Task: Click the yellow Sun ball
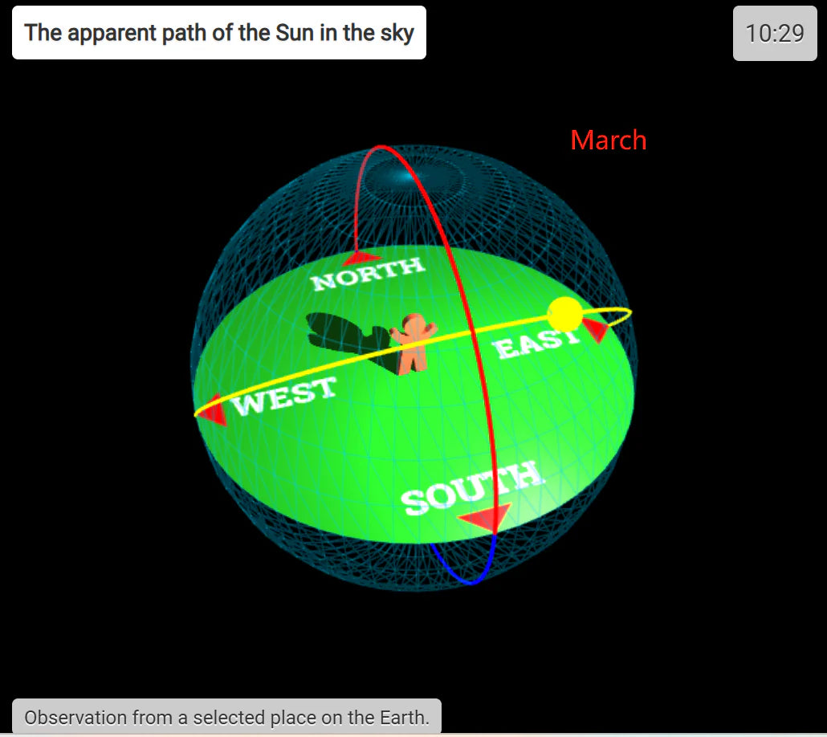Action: pos(565,315)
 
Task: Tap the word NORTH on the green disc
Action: pos(368,274)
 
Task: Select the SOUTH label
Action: pos(471,487)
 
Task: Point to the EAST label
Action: pos(536,343)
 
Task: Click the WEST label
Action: pos(283,396)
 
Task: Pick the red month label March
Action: pos(609,140)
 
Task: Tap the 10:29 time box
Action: pos(775,33)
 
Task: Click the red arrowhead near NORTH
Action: pos(361,258)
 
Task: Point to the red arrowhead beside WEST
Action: pos(214,410)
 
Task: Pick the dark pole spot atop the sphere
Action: pos(406,177)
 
